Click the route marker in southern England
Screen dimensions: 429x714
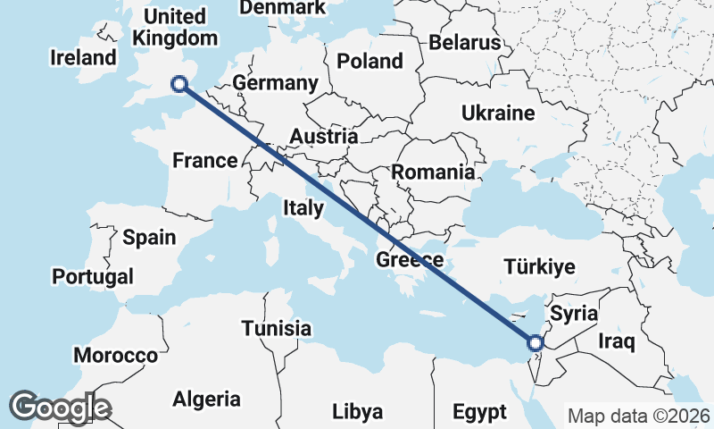point(179,84)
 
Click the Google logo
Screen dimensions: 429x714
point(60,408)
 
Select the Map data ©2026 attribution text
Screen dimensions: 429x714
point(639,416)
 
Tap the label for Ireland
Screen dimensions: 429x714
point(84,58)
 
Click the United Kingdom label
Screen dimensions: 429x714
point(175,27)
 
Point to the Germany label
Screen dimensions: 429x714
point(275,83)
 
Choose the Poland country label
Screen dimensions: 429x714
point(369,61)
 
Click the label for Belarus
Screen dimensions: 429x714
point(464,42)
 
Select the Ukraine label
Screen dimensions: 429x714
point(498,113)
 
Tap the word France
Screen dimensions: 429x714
point(204,161)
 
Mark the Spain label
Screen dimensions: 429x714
point(149,238)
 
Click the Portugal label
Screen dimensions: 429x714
point(93,276)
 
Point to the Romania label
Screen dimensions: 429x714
point(434,172)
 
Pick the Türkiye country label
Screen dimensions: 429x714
point(539,266)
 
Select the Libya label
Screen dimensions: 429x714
point(357,412)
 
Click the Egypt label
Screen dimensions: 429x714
point(479,412)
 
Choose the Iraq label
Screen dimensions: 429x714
point(616,341)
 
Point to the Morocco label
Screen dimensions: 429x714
point(115,355)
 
